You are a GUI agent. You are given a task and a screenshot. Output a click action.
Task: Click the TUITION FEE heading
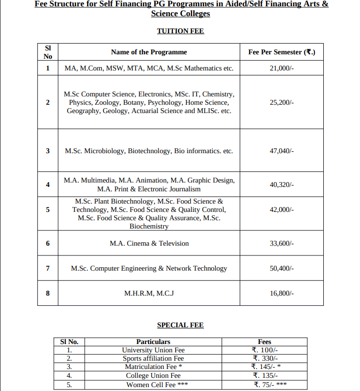pos(180,31)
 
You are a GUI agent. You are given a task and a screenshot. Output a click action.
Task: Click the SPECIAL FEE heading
pos(180,325)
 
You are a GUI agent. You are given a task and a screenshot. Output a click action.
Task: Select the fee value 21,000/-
pos(282,69)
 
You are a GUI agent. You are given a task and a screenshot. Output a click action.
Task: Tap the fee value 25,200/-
pos(282,102)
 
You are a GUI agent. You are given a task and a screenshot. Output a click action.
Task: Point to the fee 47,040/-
pos(282,151)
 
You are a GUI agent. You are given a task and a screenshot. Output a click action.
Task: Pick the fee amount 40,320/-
pos(282,184)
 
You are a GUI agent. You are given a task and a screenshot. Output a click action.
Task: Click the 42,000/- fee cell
pos(282,209)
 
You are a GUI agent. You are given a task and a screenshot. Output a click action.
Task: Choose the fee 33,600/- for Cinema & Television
pos(282,243)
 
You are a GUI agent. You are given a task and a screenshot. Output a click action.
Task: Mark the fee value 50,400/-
pos(282,268)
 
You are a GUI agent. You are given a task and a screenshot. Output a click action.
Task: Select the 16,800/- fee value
pos(282,293)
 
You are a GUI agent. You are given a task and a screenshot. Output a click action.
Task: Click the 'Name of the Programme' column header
pos(149,52)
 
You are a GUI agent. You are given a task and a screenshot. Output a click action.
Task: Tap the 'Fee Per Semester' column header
pos(281,52)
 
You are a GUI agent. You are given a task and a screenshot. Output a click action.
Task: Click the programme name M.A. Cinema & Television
pos(149,243)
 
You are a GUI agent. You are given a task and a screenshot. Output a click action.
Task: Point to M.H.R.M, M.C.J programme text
pos(149,293)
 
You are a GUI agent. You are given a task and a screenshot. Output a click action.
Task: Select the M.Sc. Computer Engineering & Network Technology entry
pos(149,268)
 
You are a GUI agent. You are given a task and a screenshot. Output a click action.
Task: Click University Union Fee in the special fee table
pos(153,350)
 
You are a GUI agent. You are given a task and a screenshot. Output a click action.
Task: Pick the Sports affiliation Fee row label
pos(153,358)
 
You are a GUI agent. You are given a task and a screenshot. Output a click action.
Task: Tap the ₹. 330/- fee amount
pos(265,358)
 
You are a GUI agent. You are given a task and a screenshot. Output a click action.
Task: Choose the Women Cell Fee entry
pos(153,385)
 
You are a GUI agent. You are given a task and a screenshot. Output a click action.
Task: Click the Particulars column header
pos(153,342)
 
